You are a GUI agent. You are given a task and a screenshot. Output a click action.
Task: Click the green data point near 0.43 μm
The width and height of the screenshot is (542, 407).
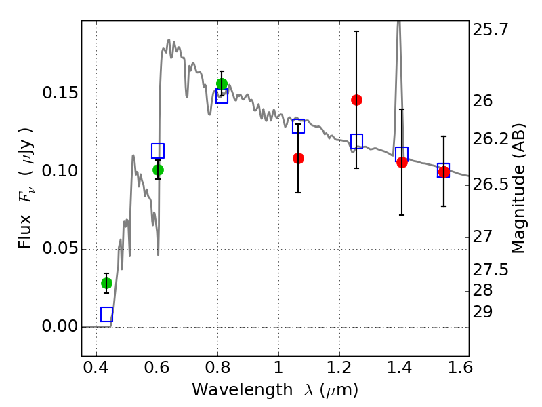pos(106,283)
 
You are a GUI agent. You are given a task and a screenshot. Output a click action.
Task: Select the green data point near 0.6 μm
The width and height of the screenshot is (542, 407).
pos(158,170)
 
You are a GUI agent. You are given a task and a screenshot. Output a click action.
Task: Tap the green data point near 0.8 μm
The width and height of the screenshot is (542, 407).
pos(222,83)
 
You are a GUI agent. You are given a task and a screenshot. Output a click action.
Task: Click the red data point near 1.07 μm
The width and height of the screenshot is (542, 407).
pos(298,158)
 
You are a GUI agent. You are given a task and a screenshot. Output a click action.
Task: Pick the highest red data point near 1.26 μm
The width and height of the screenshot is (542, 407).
pos(356,100)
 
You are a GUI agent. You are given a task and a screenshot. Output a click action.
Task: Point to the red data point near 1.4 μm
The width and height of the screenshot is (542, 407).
pos(402,162)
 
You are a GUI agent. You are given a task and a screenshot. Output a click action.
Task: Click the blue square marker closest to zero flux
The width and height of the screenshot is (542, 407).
pos(106,314)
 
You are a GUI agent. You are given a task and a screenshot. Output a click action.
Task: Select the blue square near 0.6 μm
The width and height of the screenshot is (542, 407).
pos(158,151)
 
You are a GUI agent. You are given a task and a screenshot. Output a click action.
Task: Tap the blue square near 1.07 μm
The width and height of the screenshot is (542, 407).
pos(298,125)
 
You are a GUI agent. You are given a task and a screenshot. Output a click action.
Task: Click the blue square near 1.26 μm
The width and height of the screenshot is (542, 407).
pos(356,141)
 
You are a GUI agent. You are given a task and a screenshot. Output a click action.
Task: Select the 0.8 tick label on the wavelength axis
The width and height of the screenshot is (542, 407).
pos(217,370)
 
